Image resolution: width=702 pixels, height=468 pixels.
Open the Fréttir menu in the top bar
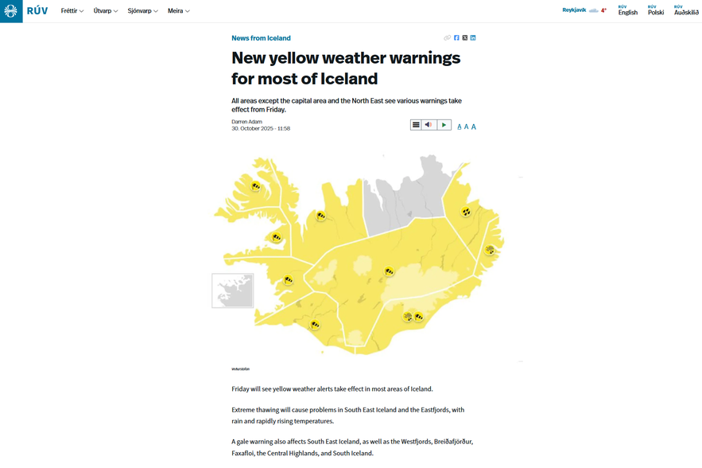[x=72, y=11]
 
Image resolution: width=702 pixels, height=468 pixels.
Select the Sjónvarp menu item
[x=142, y=11]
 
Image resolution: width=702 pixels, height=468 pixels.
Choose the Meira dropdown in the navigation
[x=178, y=11]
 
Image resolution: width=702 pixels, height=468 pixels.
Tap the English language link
[x=627, y=11]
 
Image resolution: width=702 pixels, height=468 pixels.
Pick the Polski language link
[x=656, y=11]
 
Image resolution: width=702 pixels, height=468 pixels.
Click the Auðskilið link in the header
[x=686, y=11]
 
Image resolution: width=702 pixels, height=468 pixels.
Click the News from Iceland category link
[x=261, y=38]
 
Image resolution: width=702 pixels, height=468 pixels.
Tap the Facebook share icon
[x=456, y=38]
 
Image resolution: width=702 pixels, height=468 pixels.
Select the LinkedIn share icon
[x=473, y=38]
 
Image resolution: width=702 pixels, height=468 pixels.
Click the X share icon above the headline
[x=465, y=38]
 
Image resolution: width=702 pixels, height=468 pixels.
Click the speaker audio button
[x=429, y=125]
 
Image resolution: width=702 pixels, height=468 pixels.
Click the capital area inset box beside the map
[x=232, y=291]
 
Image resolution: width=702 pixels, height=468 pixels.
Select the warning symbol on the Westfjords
[x=255, y=187]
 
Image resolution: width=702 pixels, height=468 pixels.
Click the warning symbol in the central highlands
[x=389, y=272]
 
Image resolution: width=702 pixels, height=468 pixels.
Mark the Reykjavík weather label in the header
[x=574, y=10]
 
